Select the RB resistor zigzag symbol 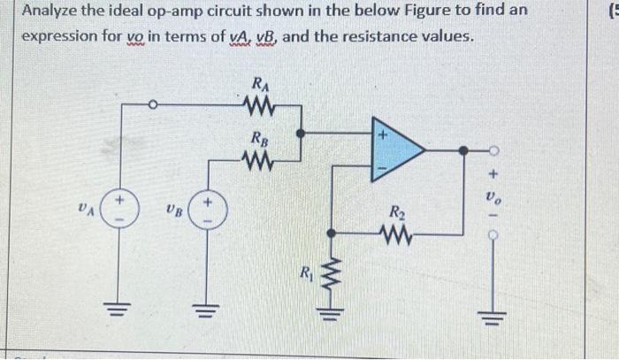coord(260,160)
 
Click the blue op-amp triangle coord(395,151)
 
